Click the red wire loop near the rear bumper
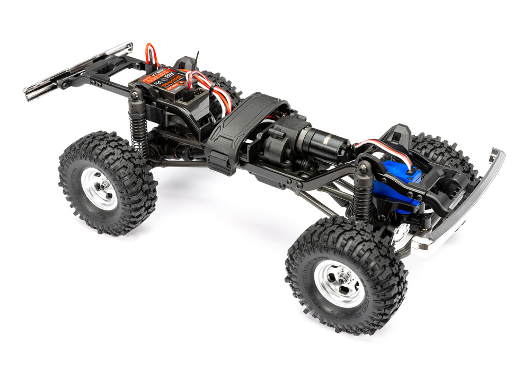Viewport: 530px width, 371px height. click(x=152, y=54)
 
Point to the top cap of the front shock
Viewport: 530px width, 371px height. click(x=364, y=169)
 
